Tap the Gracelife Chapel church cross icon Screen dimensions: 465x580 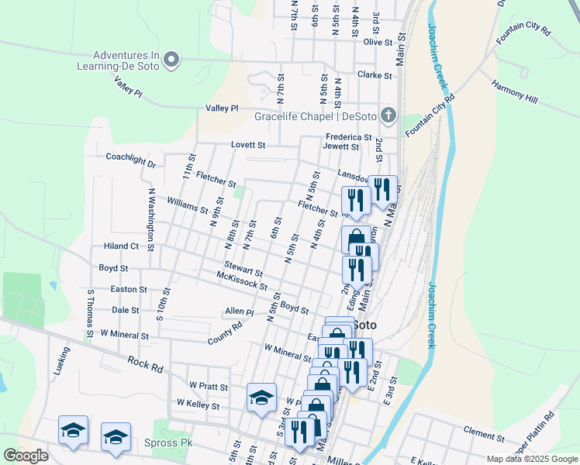click(x=388, y=117)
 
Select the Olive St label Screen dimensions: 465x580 click(x=378, y=42)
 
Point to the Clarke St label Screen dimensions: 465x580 click(x=376, y=75)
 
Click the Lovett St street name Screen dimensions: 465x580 click(x=248, y=145)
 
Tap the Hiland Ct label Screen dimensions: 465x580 click(x=120, y=246)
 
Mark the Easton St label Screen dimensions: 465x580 click(x=129, y=289)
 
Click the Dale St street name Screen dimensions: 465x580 click(x=125, y=309)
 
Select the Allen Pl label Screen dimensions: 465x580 click(x=239, y=312)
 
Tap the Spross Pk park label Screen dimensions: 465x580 click(x=167, y=443)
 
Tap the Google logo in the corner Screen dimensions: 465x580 click(x=26, y=456)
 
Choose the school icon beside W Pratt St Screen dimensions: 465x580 click(x=261, y=398)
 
